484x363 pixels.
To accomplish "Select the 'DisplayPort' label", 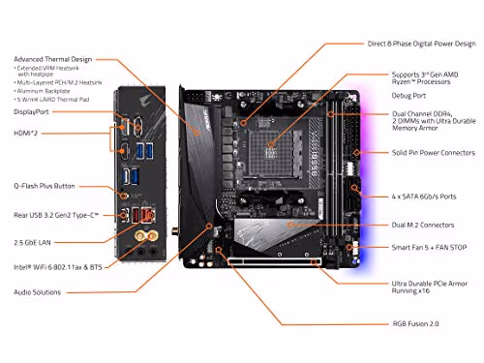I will coord(31,112).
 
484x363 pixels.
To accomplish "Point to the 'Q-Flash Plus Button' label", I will coord(44,186).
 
